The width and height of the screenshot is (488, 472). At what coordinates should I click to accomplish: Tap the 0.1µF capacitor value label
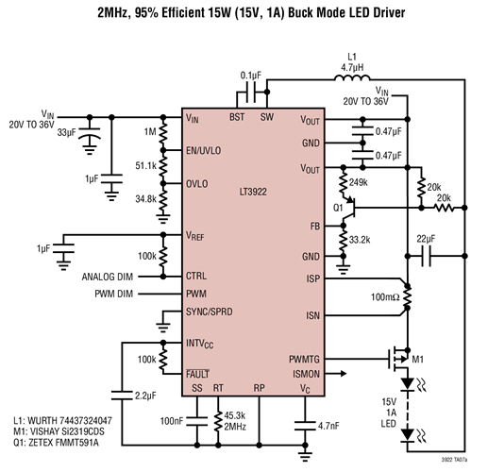tap(250, 74)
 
